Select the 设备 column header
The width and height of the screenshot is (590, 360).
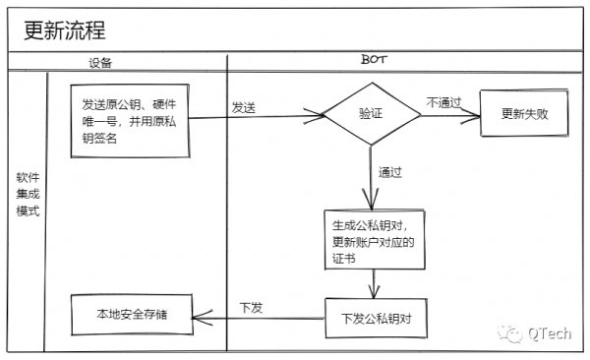tap(100, 62)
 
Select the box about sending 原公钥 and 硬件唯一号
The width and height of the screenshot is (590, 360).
tap(129, 120)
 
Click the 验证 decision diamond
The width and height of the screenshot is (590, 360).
tap(371, 115)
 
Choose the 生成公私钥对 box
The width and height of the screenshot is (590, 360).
tap(374, 240)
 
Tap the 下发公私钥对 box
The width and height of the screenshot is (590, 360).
tap(375, 318)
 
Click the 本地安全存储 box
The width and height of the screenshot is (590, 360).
tap(131, 315)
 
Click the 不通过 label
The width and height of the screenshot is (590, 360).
tap(443, 101)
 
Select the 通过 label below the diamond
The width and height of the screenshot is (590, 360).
tap(390, 172)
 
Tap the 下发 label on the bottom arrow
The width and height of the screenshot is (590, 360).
tap(251, 307)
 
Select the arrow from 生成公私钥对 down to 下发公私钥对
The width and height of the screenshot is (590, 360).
tap(373, 283)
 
